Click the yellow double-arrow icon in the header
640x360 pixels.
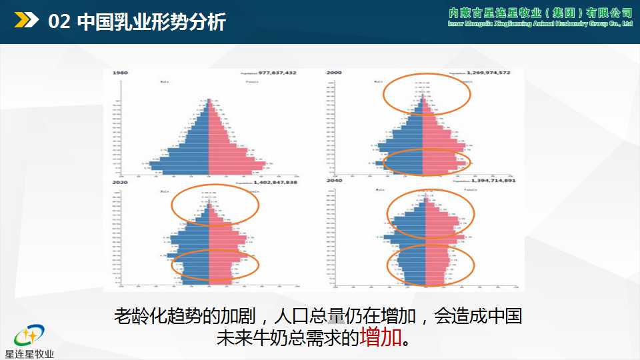click(27, 21)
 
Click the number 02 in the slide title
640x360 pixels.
click(60, 22)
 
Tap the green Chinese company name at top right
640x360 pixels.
click(540, 14)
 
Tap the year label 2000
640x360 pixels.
click(334, 72)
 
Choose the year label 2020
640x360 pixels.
click(121, 181)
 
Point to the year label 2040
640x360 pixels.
click(334, 181)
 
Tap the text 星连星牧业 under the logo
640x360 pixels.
click(29, 354)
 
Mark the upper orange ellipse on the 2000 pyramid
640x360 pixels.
click(427, 95)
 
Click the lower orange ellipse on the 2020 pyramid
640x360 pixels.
click(215, 264)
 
